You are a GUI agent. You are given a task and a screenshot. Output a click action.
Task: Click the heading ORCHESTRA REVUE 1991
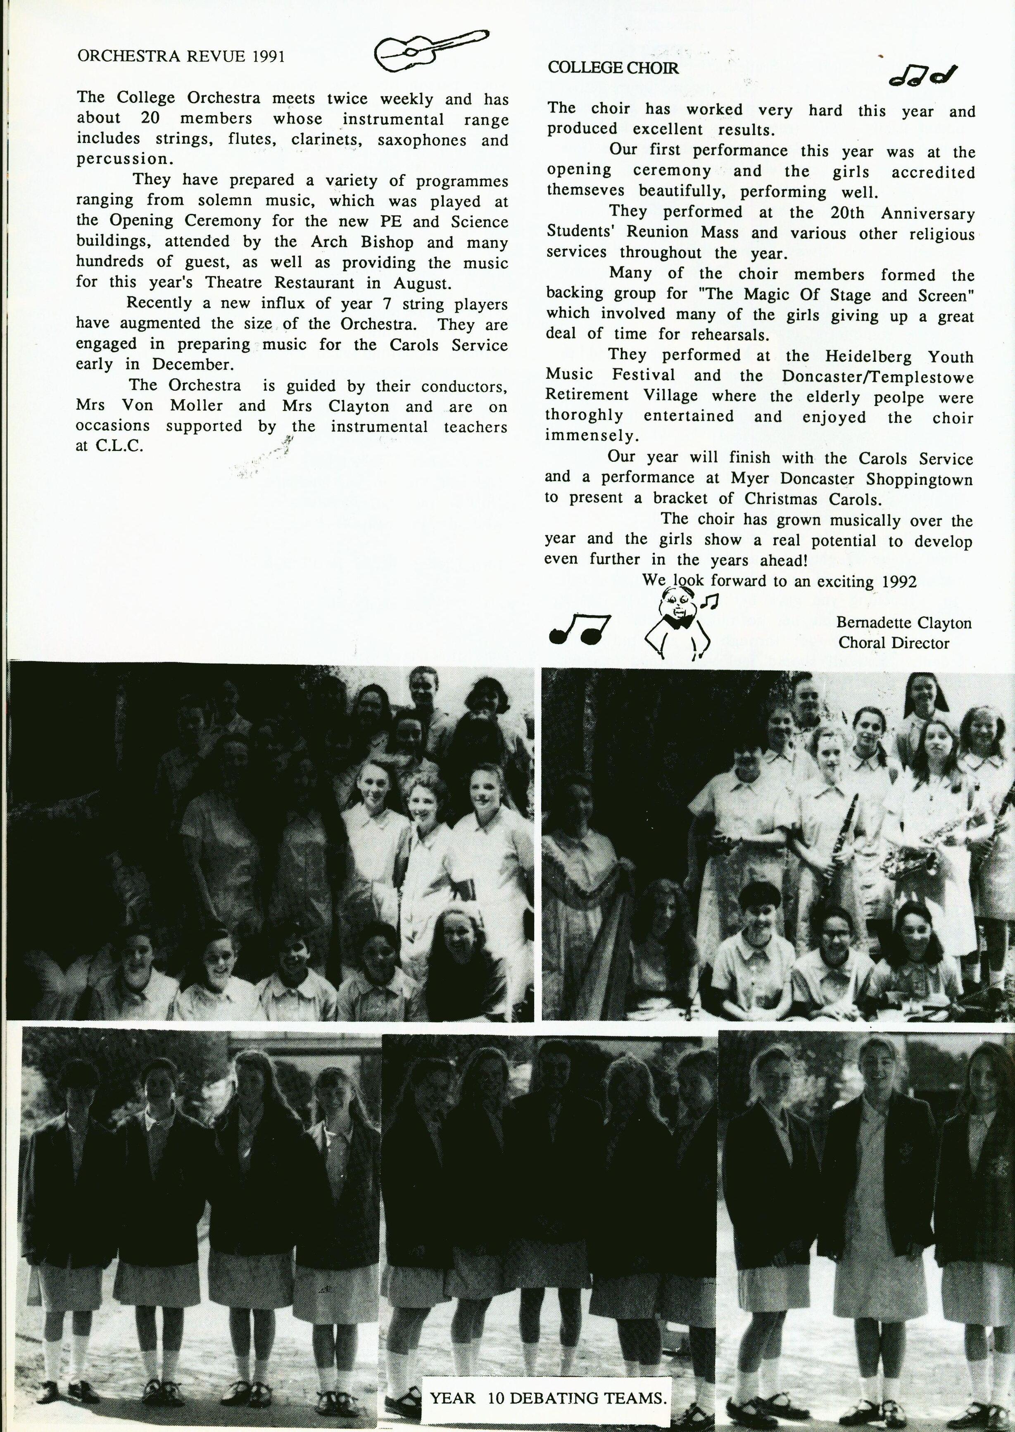click(181, 57)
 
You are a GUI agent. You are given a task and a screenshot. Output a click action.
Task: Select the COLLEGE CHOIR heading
click(613, 68)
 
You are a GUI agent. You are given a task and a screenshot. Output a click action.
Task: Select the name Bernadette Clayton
click(904, 623)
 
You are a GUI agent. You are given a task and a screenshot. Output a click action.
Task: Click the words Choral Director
click(894, 643)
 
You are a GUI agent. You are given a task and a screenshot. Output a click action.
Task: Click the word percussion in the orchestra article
click(124, 159)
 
